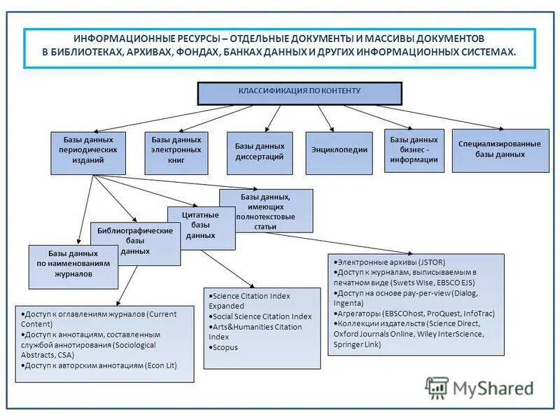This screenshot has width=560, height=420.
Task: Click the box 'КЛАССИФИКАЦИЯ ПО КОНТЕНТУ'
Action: click(x=300, y=92)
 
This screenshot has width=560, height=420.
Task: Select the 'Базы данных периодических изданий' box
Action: click(x=88, y=151)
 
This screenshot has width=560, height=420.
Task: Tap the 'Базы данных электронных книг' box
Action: click(x=176, y=151)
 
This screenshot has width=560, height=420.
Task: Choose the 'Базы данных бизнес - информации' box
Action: click(x=414, y=150)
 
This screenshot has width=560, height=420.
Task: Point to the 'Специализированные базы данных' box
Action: click(x=499, y=150)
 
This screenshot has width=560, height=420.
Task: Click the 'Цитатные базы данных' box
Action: click(x=200, y=225)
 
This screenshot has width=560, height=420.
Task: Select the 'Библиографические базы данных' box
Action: click(x=135, y=241)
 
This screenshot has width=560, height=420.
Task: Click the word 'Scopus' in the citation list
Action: click(x=225, y=347)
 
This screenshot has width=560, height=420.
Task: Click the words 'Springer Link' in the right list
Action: click(x=358, y=344)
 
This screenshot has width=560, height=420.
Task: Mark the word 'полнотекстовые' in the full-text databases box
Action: click(x=266, y=217)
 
